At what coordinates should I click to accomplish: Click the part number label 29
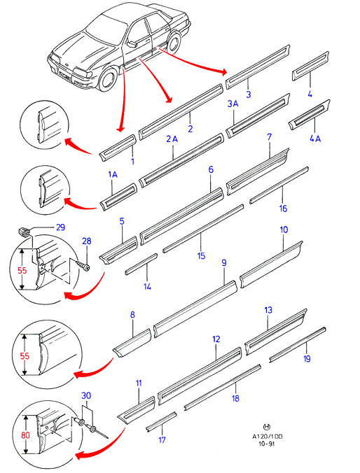(61, 227)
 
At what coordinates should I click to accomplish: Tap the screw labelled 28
(83, 266)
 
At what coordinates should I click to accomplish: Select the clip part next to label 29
(24, 232)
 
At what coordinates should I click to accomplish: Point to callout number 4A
(315, 139)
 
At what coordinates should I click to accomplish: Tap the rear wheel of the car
(174, 41)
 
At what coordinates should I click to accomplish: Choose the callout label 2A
(172, 139)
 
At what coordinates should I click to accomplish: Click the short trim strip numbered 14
(141, 264)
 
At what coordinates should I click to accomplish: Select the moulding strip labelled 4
(310, 66)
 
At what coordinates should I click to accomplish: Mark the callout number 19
(307, 359)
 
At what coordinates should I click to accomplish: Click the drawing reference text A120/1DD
(268, 437)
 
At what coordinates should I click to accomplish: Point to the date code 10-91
(267, 444)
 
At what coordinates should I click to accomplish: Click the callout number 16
(283, 209)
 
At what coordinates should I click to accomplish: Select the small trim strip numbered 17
(161, 421)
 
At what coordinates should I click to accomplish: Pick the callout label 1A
(113, 174)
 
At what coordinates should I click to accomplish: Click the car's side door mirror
(132, 44)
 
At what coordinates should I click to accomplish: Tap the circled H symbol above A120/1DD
(267, 427)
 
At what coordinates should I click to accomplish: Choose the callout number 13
(268, 310)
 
